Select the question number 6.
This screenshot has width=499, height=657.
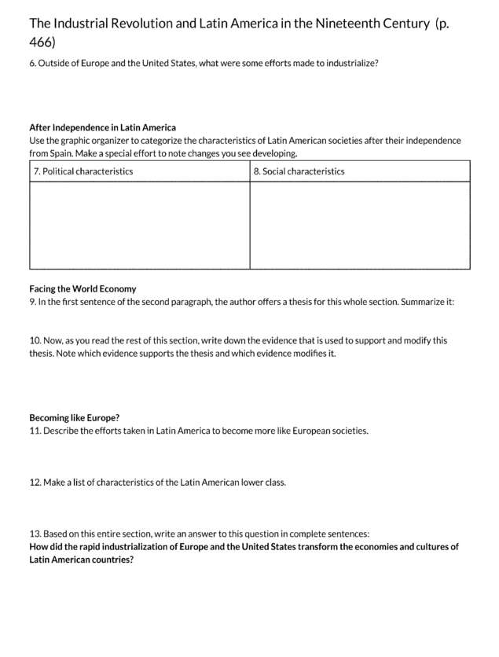click(x=32, y=63)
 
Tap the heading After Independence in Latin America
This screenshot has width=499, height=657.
click(x=102, y=127)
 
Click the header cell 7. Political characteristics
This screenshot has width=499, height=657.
click(x=83, y=171)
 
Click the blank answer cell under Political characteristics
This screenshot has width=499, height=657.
click(x=140, y=225)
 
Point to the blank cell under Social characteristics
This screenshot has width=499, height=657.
click(x=360, y=225)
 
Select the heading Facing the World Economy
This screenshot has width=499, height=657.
click(x=83, y=288)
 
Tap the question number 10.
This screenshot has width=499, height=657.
click(x=35, y=341)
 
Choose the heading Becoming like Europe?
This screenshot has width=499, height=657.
click(x=74, y=417)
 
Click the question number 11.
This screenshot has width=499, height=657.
click(x=35, y=431)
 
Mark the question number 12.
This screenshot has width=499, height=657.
click(x=35, y=483)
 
